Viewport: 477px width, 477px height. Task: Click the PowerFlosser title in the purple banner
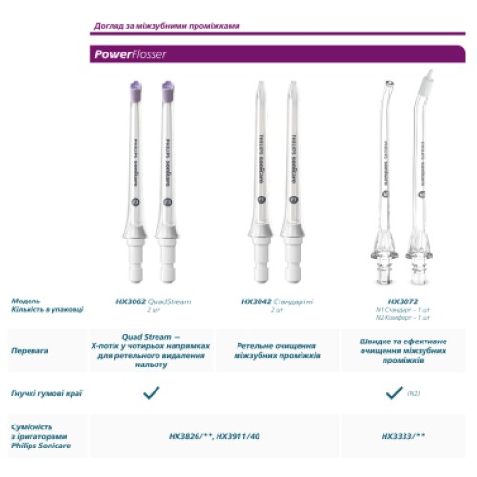click(x=131, y=54)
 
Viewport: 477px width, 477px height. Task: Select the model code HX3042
click(x=257, y=301)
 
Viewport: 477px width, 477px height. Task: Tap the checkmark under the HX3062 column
click(x=150, y=392)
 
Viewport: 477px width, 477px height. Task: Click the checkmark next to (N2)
click(x=393, y=392)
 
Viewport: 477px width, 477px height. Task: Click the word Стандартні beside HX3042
click(x=294, y=301)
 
